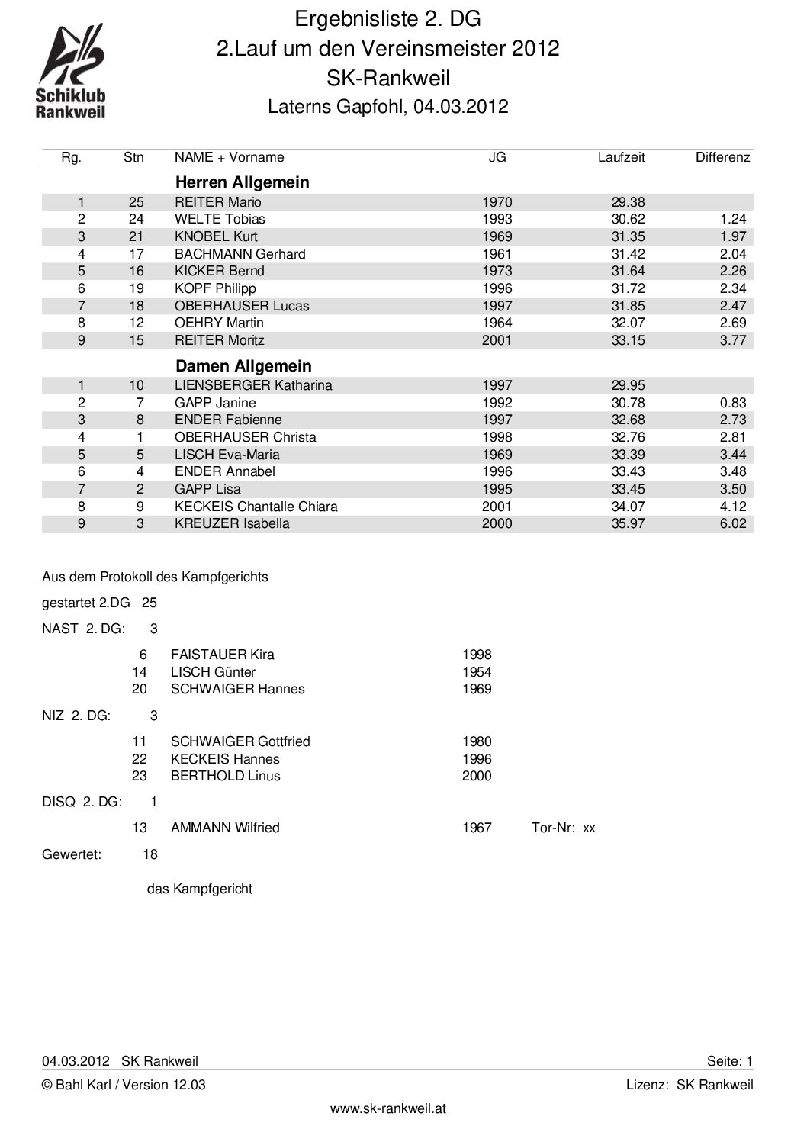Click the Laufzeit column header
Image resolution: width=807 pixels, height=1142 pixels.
click(x=621, y=157)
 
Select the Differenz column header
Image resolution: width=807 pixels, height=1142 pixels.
click(x=722, y=157)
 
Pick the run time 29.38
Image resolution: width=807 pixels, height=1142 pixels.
click(x=628, y=202)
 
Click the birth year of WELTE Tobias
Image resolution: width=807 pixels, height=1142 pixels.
click(x=497, y=220)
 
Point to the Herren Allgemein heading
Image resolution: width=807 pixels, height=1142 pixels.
click(x=242, y=182)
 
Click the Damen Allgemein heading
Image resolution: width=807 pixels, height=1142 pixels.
click(x=243, y=366)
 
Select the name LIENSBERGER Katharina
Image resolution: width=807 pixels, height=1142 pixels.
click(x=253, y=385)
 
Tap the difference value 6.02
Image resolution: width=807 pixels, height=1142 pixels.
click(x=732, y=524)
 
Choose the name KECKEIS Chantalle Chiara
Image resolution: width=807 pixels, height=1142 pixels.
click(x=256, y=507)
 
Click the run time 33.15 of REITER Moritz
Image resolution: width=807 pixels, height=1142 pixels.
click(x=628, y=340)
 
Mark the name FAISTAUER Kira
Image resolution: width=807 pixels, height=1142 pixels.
click(x=222, y=655)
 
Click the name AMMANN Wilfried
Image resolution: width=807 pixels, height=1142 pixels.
click(x=225, y=828)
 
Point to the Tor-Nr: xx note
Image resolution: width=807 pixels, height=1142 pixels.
click(x=563, y=828)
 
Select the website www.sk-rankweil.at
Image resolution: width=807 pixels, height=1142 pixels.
click(x=387, y=1109)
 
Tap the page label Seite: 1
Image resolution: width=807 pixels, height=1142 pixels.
click(x=729, y=1061)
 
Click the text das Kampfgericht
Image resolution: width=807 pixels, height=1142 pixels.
click(x=199, y=889)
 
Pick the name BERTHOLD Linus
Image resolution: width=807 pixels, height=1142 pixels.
click(x=225, y=776)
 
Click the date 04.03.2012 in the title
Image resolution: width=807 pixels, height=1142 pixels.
click(x=461, y=107)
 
